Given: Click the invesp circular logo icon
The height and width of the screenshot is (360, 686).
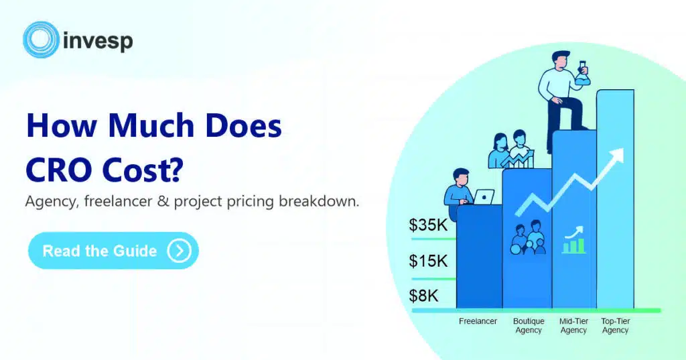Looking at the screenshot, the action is (x=41, y=40).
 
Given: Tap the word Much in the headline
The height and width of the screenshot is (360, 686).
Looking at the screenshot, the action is (x=151, y=125).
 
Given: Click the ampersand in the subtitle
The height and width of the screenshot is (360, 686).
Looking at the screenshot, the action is (x=163, y=202).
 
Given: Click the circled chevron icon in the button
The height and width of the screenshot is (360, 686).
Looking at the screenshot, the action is (x=179, y=251).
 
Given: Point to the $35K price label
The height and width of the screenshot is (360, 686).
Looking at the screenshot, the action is (x=428, y=225).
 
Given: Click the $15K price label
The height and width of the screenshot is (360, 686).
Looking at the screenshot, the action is (x=428, y=261).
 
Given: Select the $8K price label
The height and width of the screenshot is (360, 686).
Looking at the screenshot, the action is (x=423, y=296).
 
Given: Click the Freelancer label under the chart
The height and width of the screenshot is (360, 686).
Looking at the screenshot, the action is (x=478, y=322).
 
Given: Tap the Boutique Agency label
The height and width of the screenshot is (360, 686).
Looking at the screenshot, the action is (x=529, y=326).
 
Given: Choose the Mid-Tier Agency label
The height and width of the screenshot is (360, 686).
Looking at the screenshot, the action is (x=573, y=326).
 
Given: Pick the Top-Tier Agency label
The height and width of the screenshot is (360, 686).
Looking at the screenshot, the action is (x=615, y=326).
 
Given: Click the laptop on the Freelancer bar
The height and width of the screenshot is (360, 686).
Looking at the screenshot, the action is (x=484, y=197).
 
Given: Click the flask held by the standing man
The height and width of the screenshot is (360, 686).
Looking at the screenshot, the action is (x=583, y=74).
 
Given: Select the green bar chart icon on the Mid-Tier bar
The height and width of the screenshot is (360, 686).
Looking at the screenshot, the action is (x=574, y=240).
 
